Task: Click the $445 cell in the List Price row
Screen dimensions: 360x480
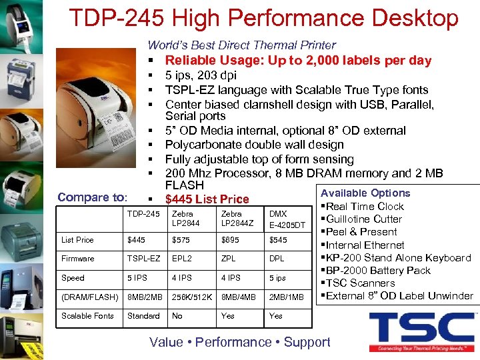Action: click(x=136, y=239)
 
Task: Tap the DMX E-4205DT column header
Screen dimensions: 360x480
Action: click(x=287, y=219)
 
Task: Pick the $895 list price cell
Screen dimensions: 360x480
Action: click(x=230, y=239)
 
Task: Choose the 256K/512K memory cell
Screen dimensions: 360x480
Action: click(x=192, y=296)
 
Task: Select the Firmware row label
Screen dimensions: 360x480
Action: click(x=78, y=258)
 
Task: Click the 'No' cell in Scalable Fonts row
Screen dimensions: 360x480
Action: click(x=177, y=315)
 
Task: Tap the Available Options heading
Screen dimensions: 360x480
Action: click(x=365, y=193)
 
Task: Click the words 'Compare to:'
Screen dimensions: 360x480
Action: click(x=92, y=197)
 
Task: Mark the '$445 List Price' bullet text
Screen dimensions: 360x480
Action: click(x=207, y=199)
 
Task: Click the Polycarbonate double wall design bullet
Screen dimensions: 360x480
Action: click(x=254, y=145)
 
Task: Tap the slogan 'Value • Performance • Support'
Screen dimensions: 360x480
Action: click(x=240, y=342)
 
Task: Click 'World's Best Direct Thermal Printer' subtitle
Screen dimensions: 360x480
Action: click(x=241, y=45)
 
